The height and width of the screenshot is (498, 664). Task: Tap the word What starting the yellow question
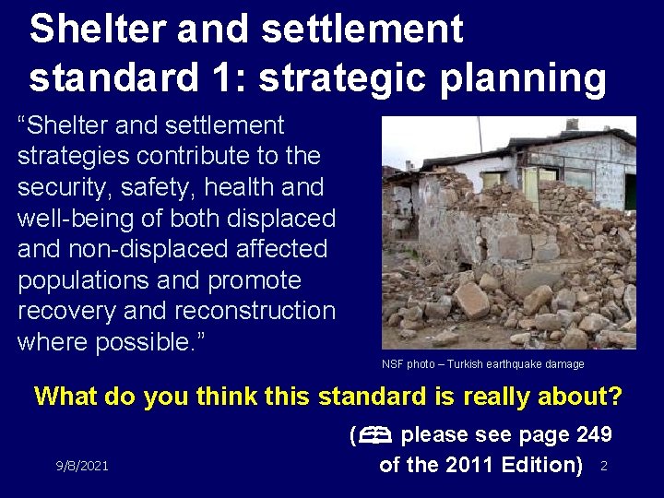[65, 397]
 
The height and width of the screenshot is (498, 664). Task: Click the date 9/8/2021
[81, 466]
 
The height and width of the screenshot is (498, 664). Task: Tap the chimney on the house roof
[572, 124]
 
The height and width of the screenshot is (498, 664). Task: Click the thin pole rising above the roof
[480, 135]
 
